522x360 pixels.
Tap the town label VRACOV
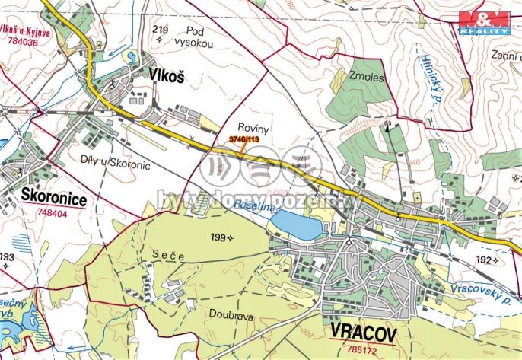367,330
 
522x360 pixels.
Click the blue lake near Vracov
296,225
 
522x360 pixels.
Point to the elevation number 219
160,30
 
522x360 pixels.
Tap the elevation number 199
219,238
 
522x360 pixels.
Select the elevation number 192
484,260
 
